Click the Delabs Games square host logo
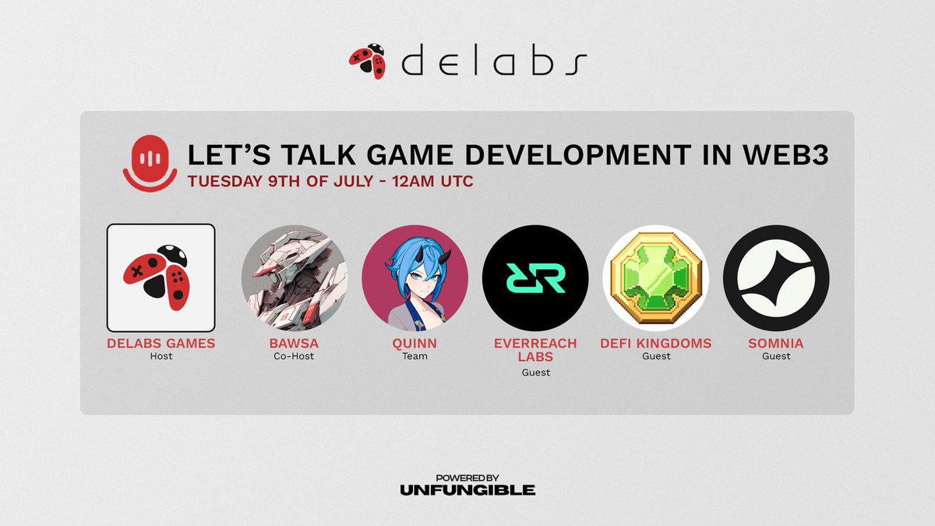pos(161,277)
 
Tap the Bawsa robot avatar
pos(295,277)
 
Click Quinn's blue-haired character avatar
pos(415,277)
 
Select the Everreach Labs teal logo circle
pos(535,277)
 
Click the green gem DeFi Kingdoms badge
pos(656,277)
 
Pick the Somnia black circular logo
pos(776,277)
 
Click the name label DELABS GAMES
pos(161,343)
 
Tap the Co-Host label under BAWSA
pos(295,356)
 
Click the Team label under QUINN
pos(415,356)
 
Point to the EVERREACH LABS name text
pos(535,350)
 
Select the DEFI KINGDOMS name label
pos(656,343)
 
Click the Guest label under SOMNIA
pos(776,356)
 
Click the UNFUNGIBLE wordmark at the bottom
pos(467,490)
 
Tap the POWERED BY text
pos(467,477)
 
